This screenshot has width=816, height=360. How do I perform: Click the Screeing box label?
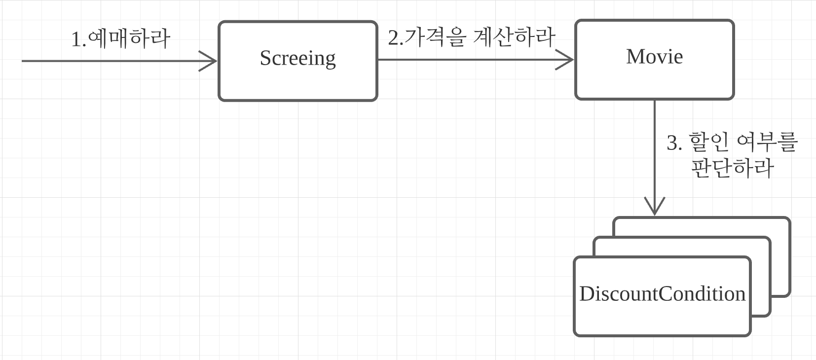(x=297, y=58)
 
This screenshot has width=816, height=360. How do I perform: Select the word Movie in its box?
(x=654, y=57)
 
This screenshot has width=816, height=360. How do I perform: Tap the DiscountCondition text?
(x=662, y=294)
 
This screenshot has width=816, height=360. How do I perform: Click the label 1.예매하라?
(x=121, y=38)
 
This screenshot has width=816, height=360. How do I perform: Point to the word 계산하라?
(x=514, y=36)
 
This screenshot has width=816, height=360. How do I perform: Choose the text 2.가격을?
(x=427, y=37)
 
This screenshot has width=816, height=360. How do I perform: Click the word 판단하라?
(x=732, y=168)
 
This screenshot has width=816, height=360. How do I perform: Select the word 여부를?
(x=767, y=142)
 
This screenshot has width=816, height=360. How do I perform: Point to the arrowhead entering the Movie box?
(x=567, y=60)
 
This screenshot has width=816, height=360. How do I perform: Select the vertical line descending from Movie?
(x=655, y=148)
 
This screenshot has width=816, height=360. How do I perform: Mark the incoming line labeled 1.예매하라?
(x=109, y=61)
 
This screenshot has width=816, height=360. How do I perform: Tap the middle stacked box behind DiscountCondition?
(x=761, y=276)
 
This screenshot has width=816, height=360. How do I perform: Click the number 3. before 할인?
(x=674, y=143)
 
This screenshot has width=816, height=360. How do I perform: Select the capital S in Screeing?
(x=265, y=58)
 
